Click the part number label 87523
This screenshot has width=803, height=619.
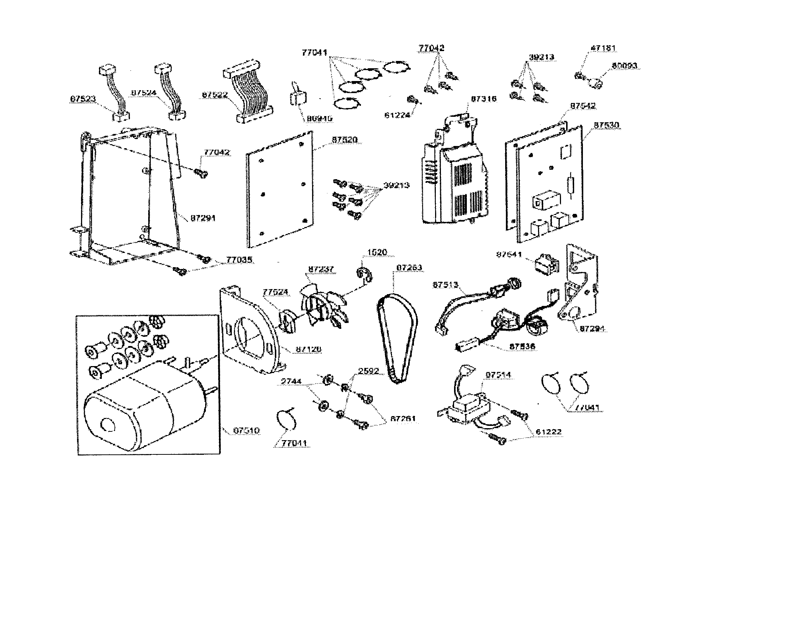click(83, 99)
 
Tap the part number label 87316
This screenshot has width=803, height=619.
click(484, 99)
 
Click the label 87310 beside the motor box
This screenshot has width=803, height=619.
click(247, 430)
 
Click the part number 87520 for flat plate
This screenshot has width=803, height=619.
click(345, 140)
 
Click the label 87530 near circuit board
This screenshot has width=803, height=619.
click(606, 125)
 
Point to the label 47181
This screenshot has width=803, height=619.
click(603, 48)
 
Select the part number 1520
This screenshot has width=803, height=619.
click(377, 252)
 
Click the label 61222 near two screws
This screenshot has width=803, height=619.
click(549, 432)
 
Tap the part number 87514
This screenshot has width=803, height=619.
click(498, 375)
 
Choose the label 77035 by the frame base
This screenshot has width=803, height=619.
click(239, 259)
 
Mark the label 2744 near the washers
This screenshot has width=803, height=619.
click(291, 381)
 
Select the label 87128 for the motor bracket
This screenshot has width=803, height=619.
click(308, 349)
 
